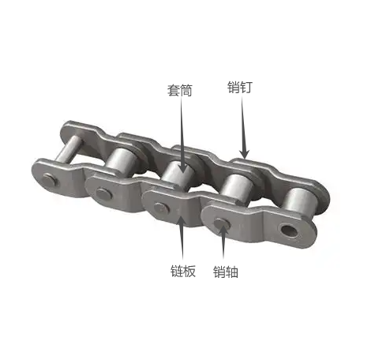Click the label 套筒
pyautogui.click(x=180, y=90)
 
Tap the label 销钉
pyautogui.click(x=240, y=87)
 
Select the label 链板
pyautogui.click(x=183, y=271)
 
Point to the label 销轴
pyautogui.click(x=226, y=272)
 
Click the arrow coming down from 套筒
pyautogui.click(x=182, y=136)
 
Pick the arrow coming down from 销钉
pyautogui.click(x=244, y=127)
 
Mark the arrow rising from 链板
pyautogui.click(x=182, y=238)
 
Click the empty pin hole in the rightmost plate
pyautogui.click(x=289, y=231)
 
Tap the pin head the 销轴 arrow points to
pyautogui.click(x=222, y=224)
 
